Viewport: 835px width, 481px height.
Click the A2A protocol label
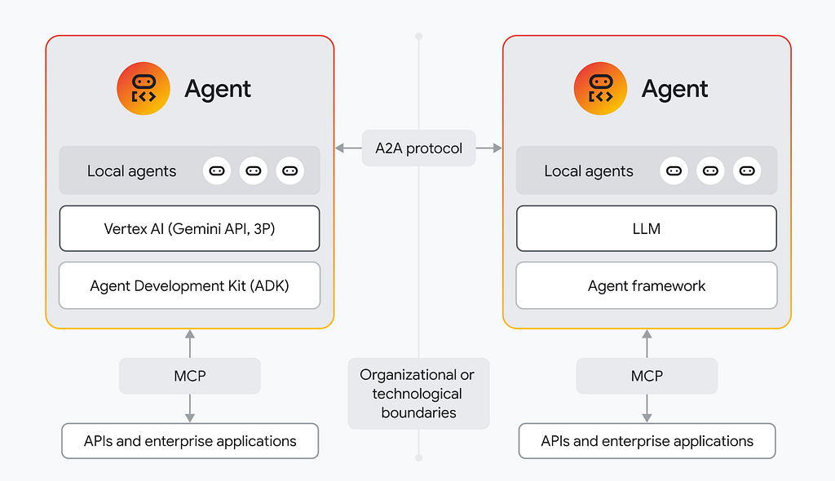[418, 148]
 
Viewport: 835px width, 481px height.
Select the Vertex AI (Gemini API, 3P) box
[189, 228]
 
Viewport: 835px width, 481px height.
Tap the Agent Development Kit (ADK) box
[189, 285]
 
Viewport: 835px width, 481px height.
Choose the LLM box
[647, 228]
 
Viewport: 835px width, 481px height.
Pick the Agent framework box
[647, 285]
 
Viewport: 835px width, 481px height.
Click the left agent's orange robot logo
[144, 88]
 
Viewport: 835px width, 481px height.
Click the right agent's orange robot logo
[600, 88]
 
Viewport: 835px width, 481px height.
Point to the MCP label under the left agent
[189, 376]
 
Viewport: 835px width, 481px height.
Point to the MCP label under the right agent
[647, 376]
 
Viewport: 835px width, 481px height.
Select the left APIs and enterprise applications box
[190, 441]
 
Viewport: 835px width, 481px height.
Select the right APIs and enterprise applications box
[647, 441]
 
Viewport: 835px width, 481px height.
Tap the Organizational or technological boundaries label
[418, 394]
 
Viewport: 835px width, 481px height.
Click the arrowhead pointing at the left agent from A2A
[339, 148]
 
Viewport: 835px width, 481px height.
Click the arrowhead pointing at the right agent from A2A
[498, 148]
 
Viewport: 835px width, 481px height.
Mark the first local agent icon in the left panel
[217, 171]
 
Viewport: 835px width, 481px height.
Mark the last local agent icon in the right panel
[747, 171]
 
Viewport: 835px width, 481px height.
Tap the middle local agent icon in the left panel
[254, 171]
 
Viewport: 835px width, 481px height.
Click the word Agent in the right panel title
[674, 89]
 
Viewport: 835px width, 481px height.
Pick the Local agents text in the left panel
[131, 171]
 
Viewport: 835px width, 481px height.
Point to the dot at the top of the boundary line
[419, 36]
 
